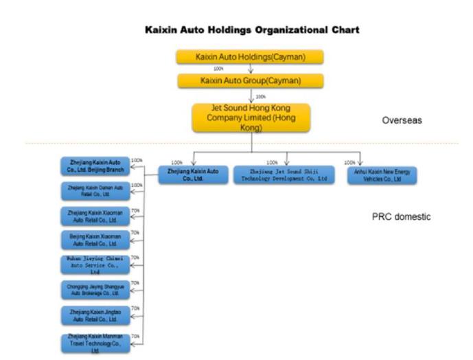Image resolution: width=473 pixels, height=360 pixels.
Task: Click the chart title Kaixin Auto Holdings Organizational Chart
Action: [x=252, y=31]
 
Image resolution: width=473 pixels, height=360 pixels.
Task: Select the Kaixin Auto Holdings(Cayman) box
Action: [x=250, y=57]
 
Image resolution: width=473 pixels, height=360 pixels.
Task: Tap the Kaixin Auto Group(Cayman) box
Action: [x=250, y=81]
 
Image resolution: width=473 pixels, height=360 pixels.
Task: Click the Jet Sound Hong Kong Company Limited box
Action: [x=251, y=117]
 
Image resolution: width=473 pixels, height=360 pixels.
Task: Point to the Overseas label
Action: [x=402, y=120]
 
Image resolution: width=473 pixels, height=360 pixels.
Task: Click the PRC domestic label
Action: [x=401, y=217]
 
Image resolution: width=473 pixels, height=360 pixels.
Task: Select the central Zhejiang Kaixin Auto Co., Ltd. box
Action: [x=193, y=175]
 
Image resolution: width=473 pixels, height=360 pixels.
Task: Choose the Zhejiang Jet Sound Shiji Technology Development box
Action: [x=284, y=175]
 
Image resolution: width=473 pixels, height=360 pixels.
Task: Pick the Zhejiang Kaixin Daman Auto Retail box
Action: [x=94, y=190]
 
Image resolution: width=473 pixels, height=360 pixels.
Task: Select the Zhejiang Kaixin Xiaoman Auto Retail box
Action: [x=94, y=215]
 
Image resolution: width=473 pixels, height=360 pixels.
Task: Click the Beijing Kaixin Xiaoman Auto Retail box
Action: [x=94, y=240]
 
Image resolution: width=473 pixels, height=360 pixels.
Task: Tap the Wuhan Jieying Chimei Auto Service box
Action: [x=94, y=265]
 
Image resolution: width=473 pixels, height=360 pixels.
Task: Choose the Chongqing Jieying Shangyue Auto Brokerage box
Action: [x=94, y=289]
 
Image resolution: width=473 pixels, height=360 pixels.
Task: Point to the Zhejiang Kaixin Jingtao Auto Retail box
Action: [x=94, y=315]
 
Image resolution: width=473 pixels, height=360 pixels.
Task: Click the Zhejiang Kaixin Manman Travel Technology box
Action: [x=94, y=341]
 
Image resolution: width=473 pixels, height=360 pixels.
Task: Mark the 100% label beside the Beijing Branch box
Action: [x=137, y=161]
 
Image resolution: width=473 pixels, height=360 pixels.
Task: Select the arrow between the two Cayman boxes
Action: [x=251, y=69]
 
